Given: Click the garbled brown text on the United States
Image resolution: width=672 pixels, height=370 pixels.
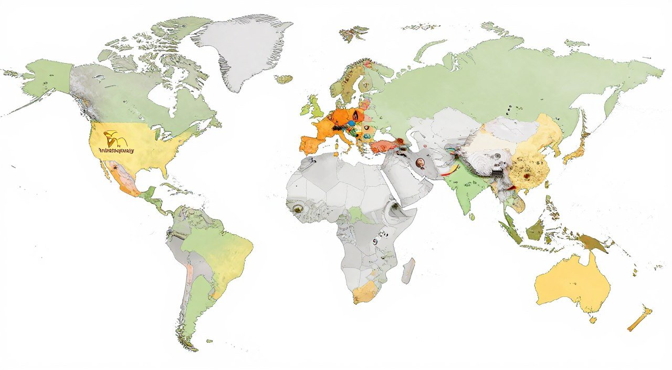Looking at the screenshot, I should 117,150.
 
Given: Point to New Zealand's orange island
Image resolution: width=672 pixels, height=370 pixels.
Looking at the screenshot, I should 640,318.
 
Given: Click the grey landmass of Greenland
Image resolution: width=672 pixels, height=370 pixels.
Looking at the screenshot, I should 241,50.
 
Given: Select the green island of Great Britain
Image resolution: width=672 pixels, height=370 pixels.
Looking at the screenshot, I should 317,108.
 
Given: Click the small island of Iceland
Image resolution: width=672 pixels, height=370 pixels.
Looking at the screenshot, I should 283,79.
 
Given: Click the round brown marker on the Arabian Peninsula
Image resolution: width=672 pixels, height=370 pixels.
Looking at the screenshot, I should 421,163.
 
